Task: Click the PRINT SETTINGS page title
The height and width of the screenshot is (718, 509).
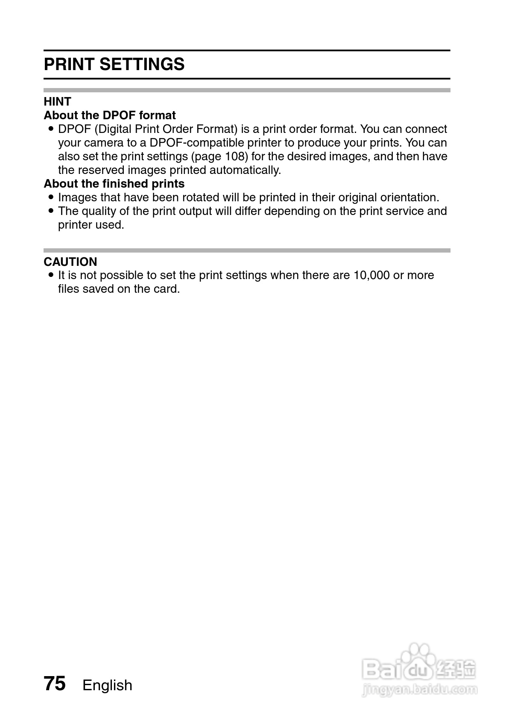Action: (114, 65)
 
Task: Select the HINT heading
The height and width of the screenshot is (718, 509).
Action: (57, 102)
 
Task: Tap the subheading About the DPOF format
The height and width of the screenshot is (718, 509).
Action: (110, 115)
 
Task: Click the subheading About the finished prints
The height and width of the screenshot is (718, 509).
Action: (114, 184)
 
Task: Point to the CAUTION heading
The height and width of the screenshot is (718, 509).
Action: (70, 262)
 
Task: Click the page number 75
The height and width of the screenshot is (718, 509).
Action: (55, 683)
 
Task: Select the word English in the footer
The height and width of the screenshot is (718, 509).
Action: (107, 685)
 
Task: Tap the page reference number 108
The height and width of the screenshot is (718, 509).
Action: (235, 156)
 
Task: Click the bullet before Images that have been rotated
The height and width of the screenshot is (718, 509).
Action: (51, 197)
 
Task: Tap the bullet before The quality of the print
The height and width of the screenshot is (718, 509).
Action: (51, 211)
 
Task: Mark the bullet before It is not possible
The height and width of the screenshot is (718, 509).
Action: (51, 275)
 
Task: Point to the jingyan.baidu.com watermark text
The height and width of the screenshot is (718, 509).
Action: (419, 689)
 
